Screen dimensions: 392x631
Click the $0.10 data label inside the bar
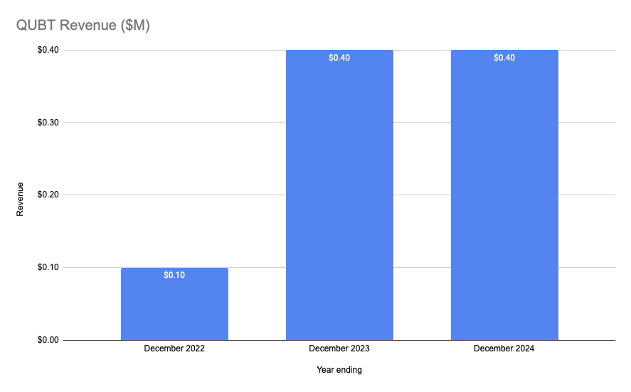pyautogui.click(x=174, y=275)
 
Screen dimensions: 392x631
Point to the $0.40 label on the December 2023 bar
pyautogui.click(x=339, y=58)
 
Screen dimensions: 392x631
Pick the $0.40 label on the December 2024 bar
pyautogui.click(x=504, y=58)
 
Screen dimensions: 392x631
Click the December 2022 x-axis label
pyautogui.click(x=174, y=349)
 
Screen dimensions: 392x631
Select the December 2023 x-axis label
pyautogui.click(x=339, y=349)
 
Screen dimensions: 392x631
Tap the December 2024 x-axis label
pyautogui.click(x=504, y=349)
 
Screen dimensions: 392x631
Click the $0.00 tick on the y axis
pyautogui.click(x=48, y=340)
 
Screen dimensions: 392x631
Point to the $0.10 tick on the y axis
pyautogui.click(x=48, y=267)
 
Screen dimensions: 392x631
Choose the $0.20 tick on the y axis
pyautogui.click(x=48, y=195)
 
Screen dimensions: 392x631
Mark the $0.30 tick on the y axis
pyautogui.click(x=48, y=123)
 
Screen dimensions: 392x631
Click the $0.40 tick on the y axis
pyautogui.click(x=48, y=50)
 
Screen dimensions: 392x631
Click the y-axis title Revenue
pyautogui.click(x=20, y=199)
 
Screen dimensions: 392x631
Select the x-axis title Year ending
pyautogui.click(x=339, y=370)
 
